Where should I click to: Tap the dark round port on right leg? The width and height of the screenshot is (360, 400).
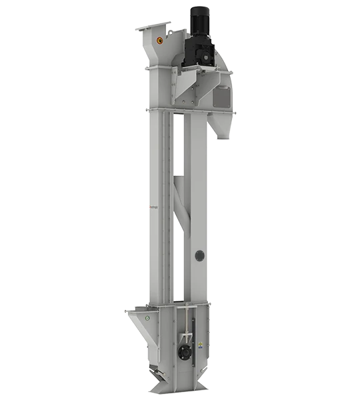point(198,255)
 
